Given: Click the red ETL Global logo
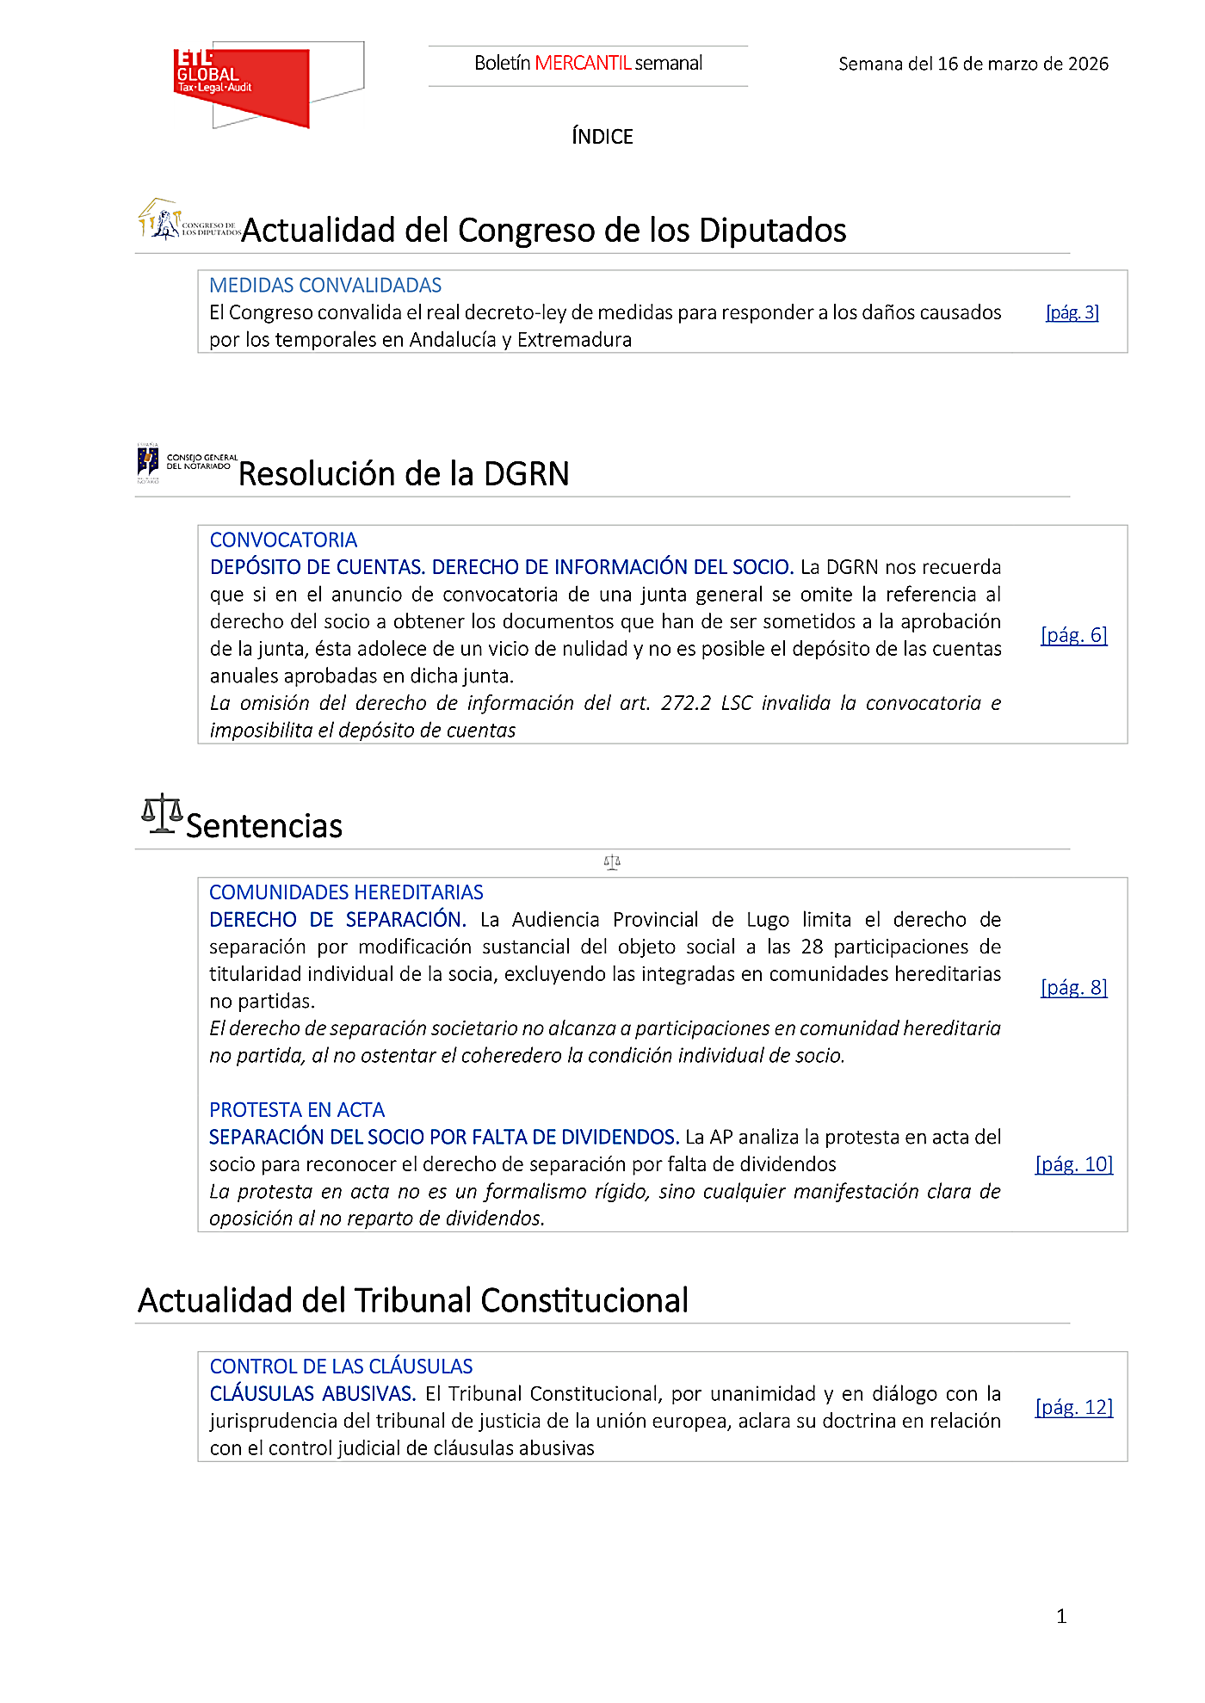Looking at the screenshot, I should [241, 85].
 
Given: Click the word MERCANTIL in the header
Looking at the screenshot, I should [583, 63].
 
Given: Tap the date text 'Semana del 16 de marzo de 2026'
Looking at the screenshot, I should [973, 64].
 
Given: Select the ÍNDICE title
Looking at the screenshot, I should [602, 136].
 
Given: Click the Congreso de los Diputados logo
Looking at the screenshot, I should [189, 221].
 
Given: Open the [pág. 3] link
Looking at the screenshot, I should [1072, 312].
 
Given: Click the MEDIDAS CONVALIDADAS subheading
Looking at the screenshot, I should [325, 285].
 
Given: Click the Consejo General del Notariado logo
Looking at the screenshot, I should [187, 463].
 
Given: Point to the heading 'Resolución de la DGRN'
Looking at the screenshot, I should [404, 473].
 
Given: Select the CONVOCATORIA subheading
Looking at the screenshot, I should [283, 540].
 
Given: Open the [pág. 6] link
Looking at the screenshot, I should [1073, 635].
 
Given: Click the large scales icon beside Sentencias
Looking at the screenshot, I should [162, 814].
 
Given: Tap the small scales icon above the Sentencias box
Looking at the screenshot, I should [612, 861].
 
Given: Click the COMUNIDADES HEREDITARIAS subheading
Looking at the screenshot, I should [346, 892].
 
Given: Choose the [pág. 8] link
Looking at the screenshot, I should [1073, 987].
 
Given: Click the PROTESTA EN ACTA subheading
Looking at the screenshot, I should [297, 1110].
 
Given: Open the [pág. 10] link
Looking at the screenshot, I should [1073, 1164].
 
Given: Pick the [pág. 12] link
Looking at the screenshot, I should [1073, 1407].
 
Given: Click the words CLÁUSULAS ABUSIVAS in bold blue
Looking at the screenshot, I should [312, 1393].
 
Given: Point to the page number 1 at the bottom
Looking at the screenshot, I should [1061, 1616].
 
